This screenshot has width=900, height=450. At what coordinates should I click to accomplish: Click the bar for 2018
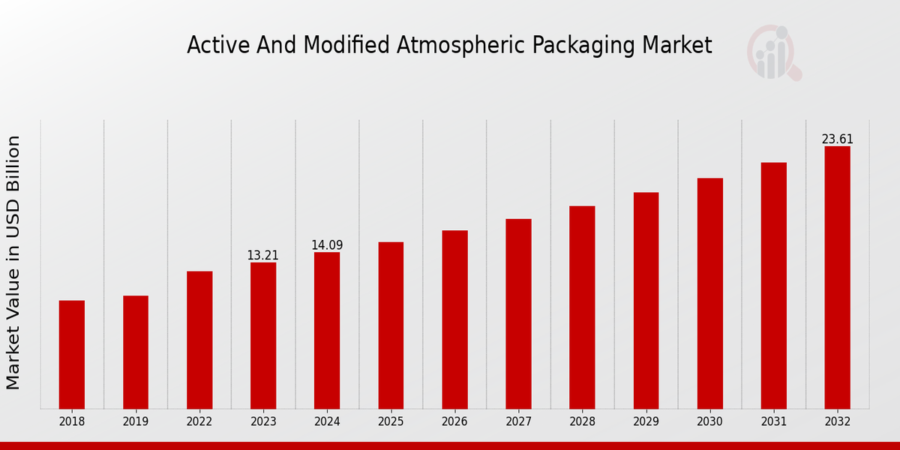pos(72,354)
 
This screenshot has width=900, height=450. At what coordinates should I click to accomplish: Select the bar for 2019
pos(136,352)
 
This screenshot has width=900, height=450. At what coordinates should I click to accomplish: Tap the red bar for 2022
pos(199,340)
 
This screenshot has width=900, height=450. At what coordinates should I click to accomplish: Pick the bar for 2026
pos(454,319)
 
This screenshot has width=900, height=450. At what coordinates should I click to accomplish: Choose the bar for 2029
pos(646,300)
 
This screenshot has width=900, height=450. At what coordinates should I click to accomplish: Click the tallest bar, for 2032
pos(837,277)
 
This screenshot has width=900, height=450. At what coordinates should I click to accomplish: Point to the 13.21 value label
pos(262,256)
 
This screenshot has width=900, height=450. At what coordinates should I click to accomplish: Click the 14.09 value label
pos(327,245)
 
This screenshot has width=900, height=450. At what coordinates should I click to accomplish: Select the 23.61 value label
pos(837,139)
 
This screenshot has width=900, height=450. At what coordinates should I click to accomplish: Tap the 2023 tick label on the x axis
pos(263,422)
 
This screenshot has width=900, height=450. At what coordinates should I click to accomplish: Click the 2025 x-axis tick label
pos(391,422)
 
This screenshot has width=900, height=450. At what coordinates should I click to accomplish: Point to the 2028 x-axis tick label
pos(582,422)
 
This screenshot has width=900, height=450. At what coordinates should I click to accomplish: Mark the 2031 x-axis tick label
pos(773,422)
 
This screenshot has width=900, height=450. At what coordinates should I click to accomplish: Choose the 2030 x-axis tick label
pos(709,422)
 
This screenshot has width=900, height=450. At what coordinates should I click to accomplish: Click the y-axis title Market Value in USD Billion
pos(13,262)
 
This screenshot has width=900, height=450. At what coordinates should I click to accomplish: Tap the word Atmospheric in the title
pos(462,46)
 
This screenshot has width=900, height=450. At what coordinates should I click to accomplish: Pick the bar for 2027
pos(518,313)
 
